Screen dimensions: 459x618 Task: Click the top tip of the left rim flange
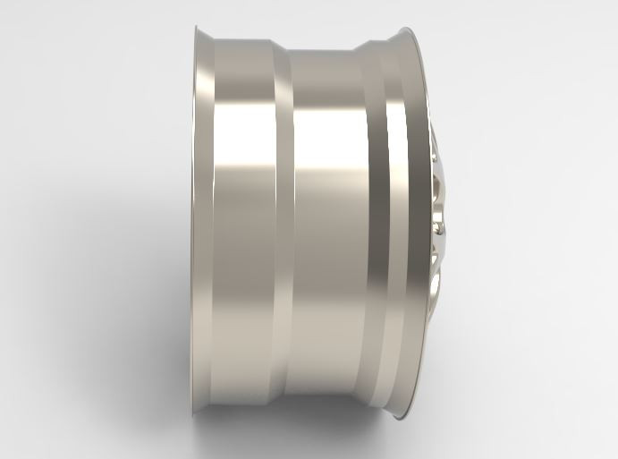(x=197, y=28)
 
